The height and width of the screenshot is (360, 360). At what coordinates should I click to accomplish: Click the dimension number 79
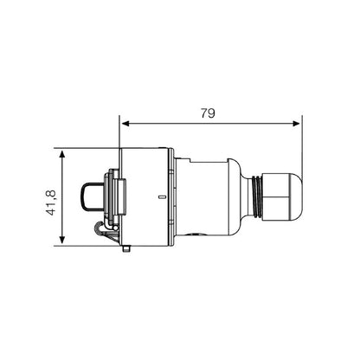pos(208,113)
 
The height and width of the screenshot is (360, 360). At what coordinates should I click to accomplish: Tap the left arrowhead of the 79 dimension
pos(124,123)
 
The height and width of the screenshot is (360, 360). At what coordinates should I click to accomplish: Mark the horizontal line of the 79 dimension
pos(208,123)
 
